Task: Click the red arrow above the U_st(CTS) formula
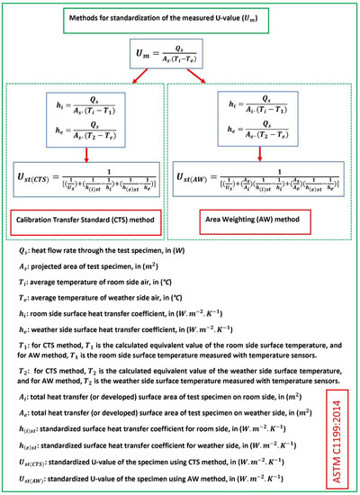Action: point(85,153)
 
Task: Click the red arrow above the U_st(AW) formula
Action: point(260,153)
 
